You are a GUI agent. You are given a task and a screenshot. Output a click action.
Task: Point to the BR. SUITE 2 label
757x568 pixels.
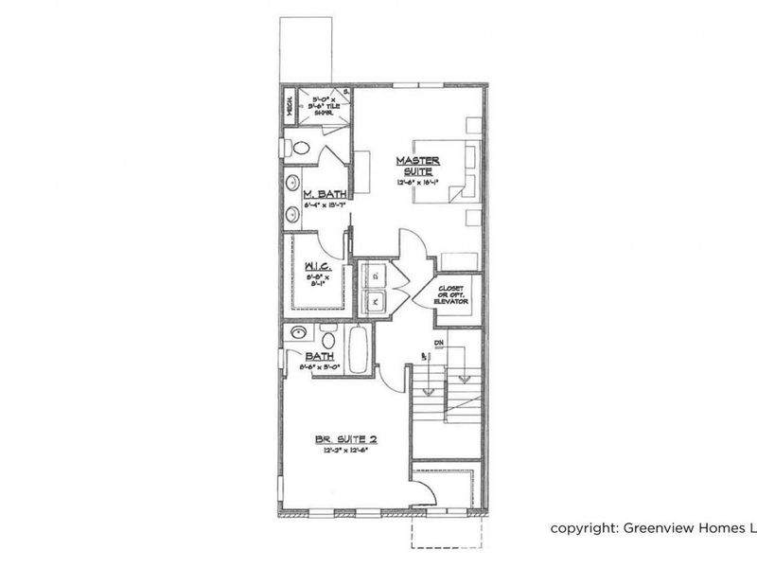347,439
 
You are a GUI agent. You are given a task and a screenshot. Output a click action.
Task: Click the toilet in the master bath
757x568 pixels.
299,147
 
